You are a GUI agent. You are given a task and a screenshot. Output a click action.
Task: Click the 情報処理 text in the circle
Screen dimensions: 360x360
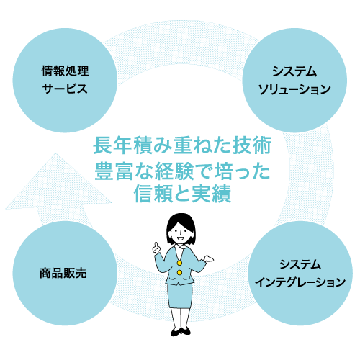point(65,71)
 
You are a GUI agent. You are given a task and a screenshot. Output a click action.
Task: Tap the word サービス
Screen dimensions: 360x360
point(65,89)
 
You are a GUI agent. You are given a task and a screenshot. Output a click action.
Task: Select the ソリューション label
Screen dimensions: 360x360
point(294,89)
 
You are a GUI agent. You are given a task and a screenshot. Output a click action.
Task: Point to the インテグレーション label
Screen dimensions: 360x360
point(300,282)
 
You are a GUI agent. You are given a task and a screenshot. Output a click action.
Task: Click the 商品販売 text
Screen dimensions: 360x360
point(63,273)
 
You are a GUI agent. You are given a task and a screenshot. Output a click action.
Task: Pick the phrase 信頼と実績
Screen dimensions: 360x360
point(182,194)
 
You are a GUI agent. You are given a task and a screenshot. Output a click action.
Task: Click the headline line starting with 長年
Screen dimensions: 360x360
point(182,145)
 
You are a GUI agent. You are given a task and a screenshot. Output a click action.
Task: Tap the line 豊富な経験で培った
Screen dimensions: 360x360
point(182,171)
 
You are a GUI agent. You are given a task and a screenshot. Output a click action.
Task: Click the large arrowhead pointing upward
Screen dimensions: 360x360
point(58,182)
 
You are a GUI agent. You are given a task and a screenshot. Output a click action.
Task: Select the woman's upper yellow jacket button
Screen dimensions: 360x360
point(179,263)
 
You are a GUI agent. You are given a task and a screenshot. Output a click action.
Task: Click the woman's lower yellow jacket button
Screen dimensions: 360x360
point(179,273)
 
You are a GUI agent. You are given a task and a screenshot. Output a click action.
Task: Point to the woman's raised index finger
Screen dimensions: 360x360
point(156,245)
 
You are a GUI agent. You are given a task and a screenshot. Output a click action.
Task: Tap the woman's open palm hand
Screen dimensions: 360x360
point(208,258)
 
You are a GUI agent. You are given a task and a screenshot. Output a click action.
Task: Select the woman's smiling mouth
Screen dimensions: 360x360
point(180,239)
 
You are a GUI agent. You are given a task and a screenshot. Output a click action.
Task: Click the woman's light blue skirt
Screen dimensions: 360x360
point(180,296)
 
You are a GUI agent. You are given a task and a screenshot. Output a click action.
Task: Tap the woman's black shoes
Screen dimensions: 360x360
point(181,331)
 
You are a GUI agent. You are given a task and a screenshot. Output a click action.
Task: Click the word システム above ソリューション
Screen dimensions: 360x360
point(294,71)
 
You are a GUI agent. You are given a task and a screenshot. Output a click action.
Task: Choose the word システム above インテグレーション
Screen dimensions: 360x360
point(300,264)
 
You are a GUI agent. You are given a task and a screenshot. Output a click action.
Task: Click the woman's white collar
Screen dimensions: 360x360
point(179,247)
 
